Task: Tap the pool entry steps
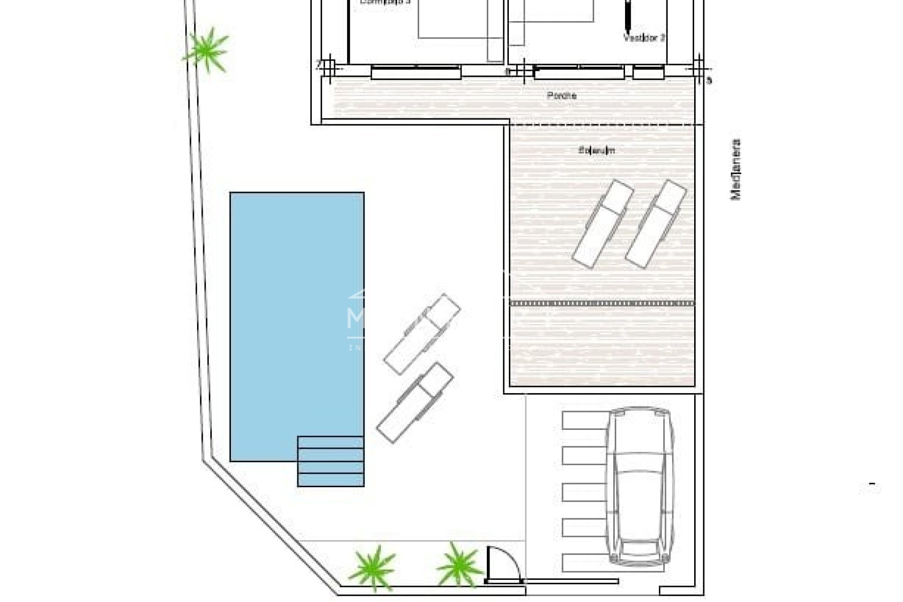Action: pos(331,461)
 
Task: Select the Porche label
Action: pos(562,95)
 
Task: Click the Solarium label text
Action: pos(596,150)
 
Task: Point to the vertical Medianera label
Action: pos(735,169)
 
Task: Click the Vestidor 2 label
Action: pos(644,38)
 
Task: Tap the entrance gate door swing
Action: pos(503,564)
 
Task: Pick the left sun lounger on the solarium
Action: pos(602,224)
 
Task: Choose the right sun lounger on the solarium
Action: pos(656,224)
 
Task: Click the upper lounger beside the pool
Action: pos(422,334)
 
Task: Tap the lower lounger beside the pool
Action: pos(415,403)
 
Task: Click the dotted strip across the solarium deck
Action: pos(602,303)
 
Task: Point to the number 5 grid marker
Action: pos(709,80)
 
